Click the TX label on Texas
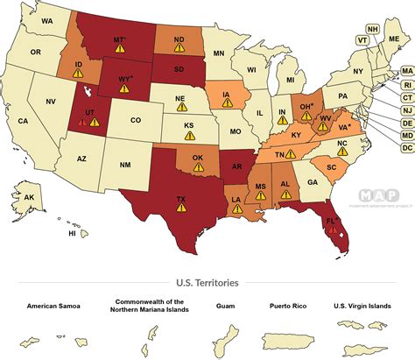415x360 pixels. tap(181, 199)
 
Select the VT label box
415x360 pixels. tap(362, 39)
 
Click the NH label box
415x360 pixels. tap(373, 28)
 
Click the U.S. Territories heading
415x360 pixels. tap(207, 283)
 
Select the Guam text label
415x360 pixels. tap(224, 307)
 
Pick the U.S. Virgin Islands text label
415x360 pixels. tap(362, 307)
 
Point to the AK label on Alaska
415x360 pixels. tap(29, 197)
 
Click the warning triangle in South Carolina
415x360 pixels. tap(332, 176)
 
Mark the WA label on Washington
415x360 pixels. tap(47, 19)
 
